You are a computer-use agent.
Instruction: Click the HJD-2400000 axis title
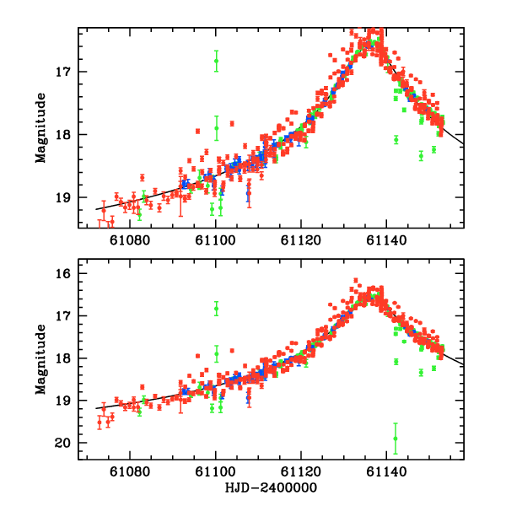coord(272,489)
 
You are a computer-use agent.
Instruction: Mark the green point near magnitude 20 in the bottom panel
coord(395,439)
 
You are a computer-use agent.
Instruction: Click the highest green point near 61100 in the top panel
coord(216,61)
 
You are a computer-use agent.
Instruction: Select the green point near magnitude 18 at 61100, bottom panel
coord(216,353)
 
